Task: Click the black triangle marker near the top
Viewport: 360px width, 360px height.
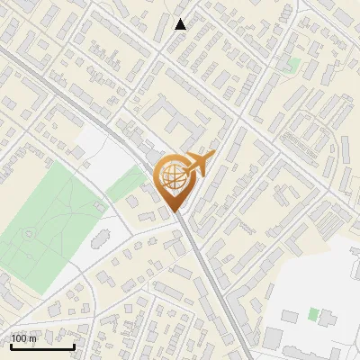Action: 181,24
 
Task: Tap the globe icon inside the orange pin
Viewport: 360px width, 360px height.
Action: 174,177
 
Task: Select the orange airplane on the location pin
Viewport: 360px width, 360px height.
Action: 198,164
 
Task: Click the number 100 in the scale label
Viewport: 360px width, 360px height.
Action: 20,338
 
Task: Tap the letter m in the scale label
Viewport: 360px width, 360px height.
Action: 33,338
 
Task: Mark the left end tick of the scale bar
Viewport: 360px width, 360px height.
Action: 11,345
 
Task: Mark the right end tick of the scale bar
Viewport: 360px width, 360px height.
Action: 74,345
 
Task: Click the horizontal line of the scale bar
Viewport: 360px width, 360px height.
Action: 42,346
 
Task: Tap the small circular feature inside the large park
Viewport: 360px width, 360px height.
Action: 30,234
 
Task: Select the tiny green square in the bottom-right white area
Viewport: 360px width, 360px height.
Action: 313,314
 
